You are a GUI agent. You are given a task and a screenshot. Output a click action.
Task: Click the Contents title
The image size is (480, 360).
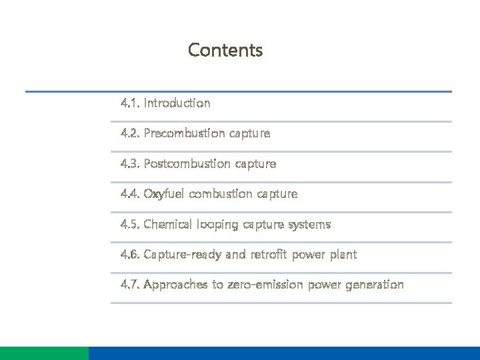click(225, 50)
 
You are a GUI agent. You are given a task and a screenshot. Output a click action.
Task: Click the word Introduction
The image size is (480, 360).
click(177, 103)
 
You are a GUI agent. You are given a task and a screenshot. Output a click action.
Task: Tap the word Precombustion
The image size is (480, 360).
click(183, 133)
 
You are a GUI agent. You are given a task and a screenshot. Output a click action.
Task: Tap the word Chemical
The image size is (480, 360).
click(168, 224)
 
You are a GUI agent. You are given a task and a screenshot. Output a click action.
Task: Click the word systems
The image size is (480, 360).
click(309, 224)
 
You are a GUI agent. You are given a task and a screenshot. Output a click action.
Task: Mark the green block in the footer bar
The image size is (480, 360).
click(44, 353)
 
